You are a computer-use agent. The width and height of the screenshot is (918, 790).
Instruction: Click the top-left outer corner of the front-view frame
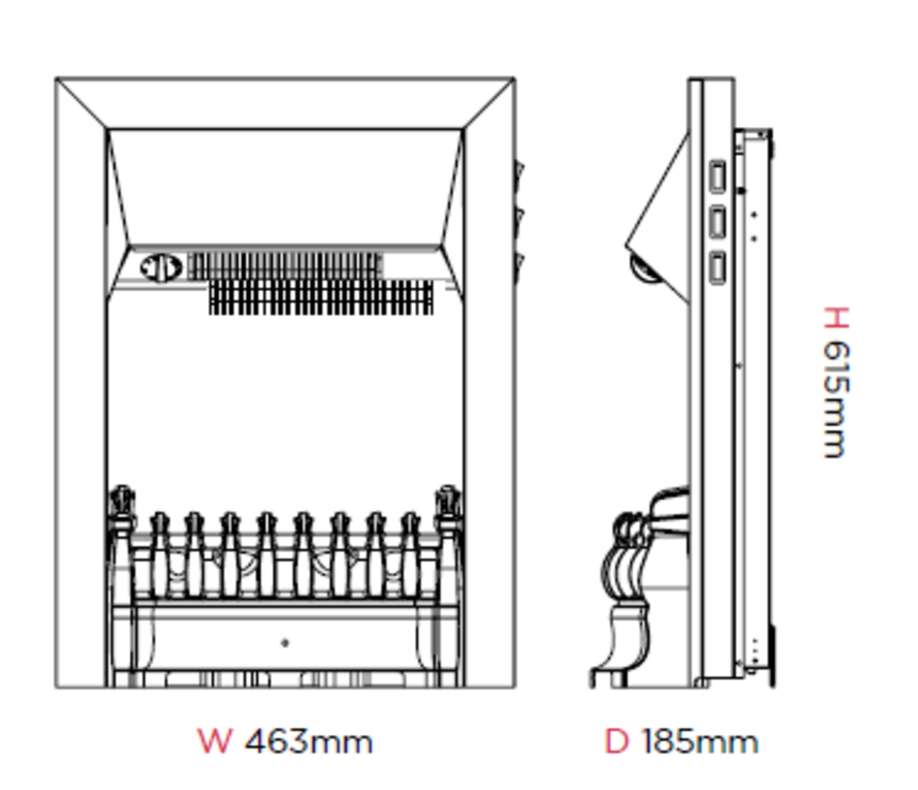coord(56,79)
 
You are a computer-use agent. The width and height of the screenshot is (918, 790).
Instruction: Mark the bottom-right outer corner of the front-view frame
coord(515,688)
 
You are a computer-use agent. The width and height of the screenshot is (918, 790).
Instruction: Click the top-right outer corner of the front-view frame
coord(515,79)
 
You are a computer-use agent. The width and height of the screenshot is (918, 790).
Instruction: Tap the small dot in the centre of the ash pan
coord(285,642)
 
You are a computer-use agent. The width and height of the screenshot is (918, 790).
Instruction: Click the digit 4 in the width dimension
coord(258,742)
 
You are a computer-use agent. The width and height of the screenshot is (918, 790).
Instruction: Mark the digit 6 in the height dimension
coord(836,353)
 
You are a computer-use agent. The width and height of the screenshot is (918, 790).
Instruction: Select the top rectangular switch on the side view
coord(718,177)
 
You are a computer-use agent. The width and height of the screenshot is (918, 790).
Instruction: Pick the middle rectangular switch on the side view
coord(718,222)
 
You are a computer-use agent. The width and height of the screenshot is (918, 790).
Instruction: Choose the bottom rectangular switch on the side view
coord(718,268)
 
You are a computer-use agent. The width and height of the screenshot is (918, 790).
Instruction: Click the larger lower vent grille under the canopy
coord(321,297)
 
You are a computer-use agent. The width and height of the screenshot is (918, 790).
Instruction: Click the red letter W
coord(215,742)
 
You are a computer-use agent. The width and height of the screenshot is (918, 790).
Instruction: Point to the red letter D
coord(617,742)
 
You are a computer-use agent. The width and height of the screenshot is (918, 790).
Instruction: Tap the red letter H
coord(836,317)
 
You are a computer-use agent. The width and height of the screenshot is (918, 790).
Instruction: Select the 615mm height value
coord(836,400)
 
